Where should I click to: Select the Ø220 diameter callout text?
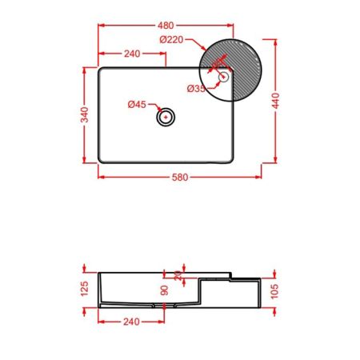click(171, 39)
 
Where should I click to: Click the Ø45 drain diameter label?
click(137, 104)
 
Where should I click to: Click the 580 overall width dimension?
click(180, 177)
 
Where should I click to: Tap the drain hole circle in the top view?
click(166, 117)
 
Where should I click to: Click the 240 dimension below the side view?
click(132, 322)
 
